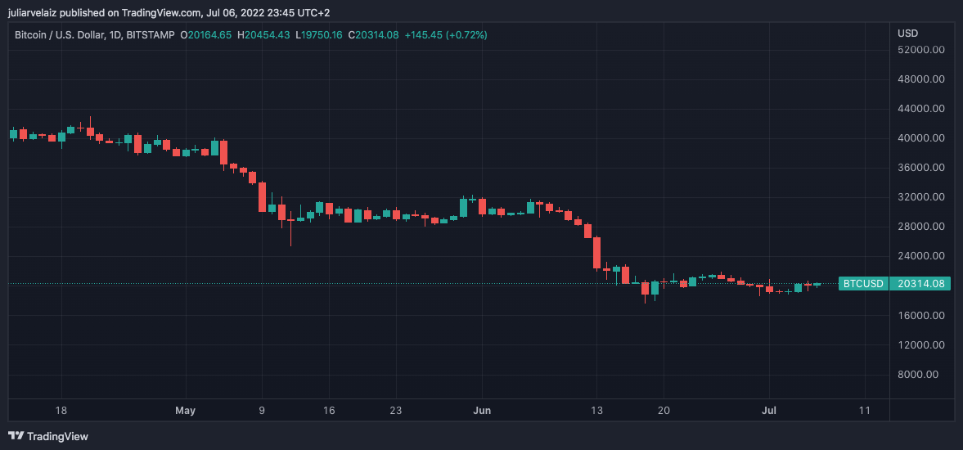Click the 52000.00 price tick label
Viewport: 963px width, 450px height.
(x=921, y=49)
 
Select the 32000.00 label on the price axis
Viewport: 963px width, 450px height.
(x=921, y=197)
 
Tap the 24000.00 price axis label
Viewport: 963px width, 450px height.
(x=921, y=256)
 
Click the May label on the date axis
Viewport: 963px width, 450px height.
(x=186, y=410)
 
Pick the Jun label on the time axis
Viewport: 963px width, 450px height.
(x=483, y=410)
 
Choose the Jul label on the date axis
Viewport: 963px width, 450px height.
(x=769, y=410)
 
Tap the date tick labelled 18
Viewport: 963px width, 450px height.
(x=61, y=410)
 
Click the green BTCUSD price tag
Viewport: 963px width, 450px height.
(x=863, y=284)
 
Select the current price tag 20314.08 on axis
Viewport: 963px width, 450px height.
(x=922, y=284)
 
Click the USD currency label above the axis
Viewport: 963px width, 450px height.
(x=907, y=34)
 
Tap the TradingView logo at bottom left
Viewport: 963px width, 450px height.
(x=48, y=436)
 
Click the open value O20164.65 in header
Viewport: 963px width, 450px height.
(x=206, y=34)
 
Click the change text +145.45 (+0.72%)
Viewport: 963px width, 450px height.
(x=446, y=34)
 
